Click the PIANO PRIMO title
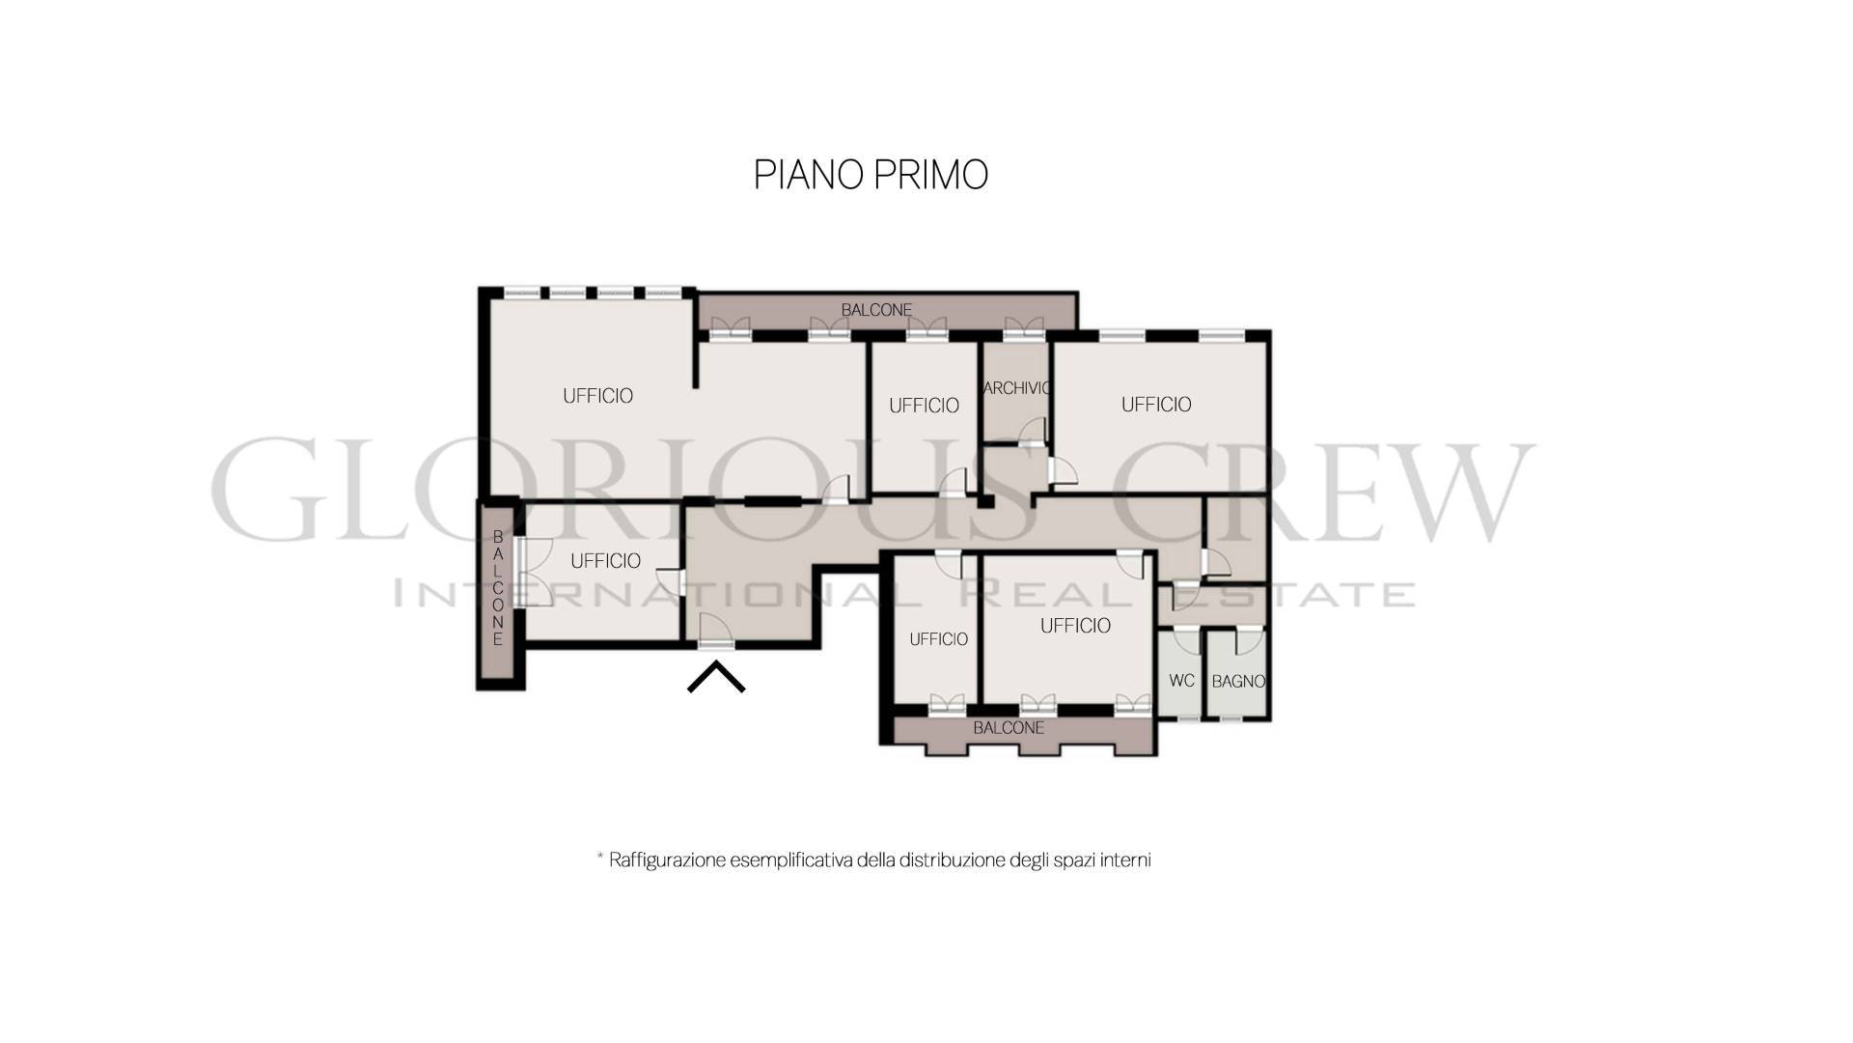point(871,175)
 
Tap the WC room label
point(1181,681)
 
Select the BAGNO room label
point(1238,681)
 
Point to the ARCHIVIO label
point(1017,388)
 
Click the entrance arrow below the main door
point(716,675)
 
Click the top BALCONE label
point(876,310)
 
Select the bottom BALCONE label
point(1009,727)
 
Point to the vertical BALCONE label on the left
point(498,587)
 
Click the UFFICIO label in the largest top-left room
point(597,396)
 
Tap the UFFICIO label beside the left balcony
point(605,561)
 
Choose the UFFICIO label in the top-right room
point(1156,405)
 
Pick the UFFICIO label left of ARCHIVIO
point(924,406)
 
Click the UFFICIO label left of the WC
point(1075,626)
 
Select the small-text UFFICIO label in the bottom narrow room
point(938,639)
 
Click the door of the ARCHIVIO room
point(1033,432)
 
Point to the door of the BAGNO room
point(1250,639)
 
